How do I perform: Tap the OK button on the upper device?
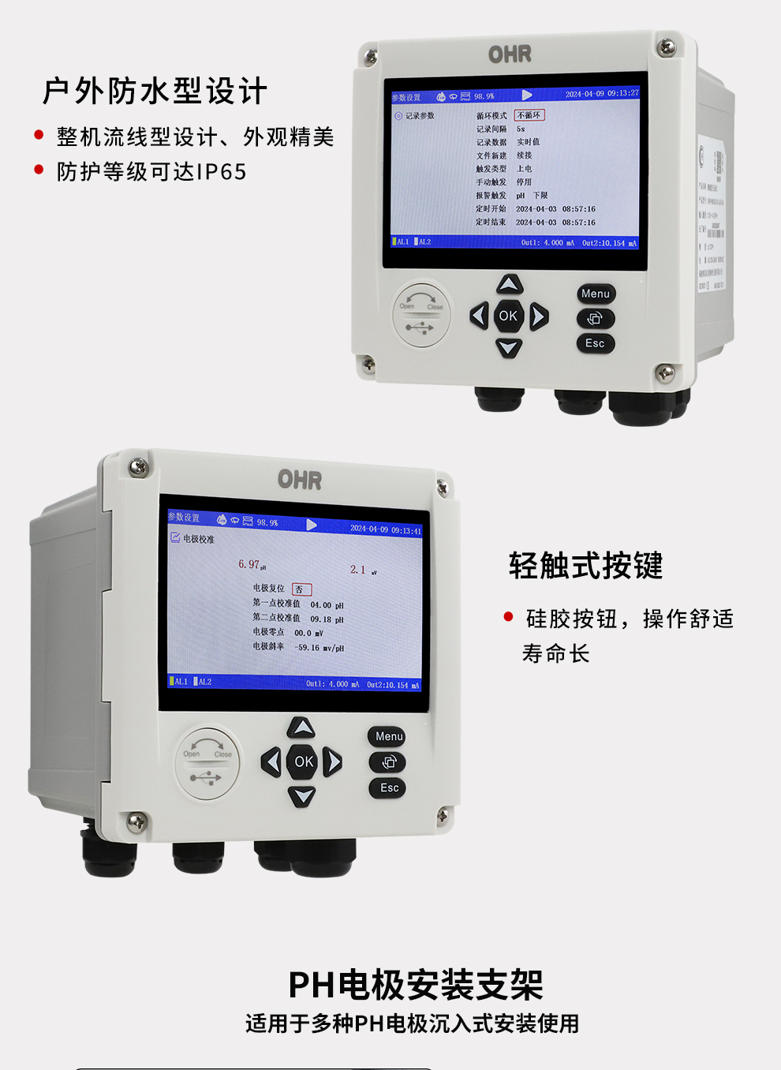(x=508, y=316)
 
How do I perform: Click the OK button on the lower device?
(x=304, y=761)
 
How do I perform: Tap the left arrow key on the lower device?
(x=271, y=761)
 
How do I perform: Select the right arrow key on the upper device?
(x=539, y=316)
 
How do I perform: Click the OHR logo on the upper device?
(x=510, y=54)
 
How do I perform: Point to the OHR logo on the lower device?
(x=300, y=480)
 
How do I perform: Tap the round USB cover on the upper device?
(x=422, y=315)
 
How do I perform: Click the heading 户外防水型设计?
(x=155, y=92)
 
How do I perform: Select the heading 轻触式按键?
(x=585, y=566)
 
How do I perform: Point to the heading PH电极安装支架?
(x=416, y=985)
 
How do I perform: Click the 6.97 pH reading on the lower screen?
(x=249, y=564)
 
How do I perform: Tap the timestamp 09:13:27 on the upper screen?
(x=623, y=94)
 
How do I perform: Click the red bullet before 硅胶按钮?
(x=509, y=617)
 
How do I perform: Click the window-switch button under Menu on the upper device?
(x=595, y=318)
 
